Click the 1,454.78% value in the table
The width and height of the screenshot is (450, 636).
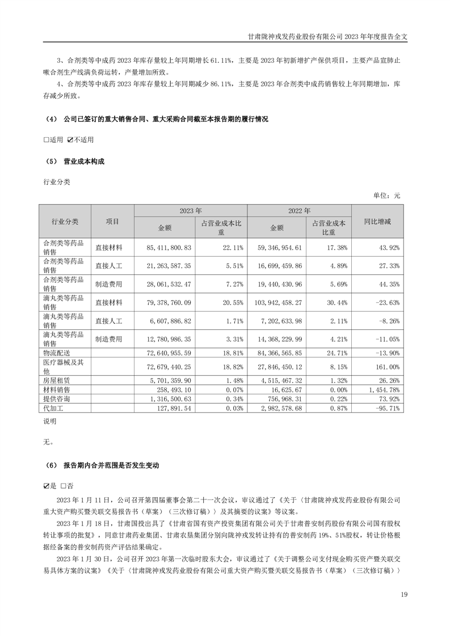[384, 389]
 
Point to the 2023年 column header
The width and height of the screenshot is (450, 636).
[190, 210]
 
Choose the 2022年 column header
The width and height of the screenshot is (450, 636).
[299, 210]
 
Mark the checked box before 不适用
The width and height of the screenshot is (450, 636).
[70, 139]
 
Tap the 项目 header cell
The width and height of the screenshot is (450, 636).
[112, 221]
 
